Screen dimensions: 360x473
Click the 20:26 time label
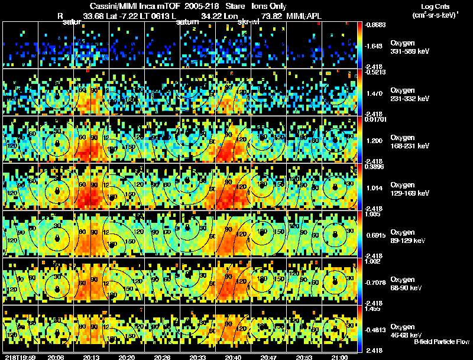(161, 356)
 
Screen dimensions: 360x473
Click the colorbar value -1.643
(375, 46)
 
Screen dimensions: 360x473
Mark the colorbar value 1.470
(375, 93)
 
